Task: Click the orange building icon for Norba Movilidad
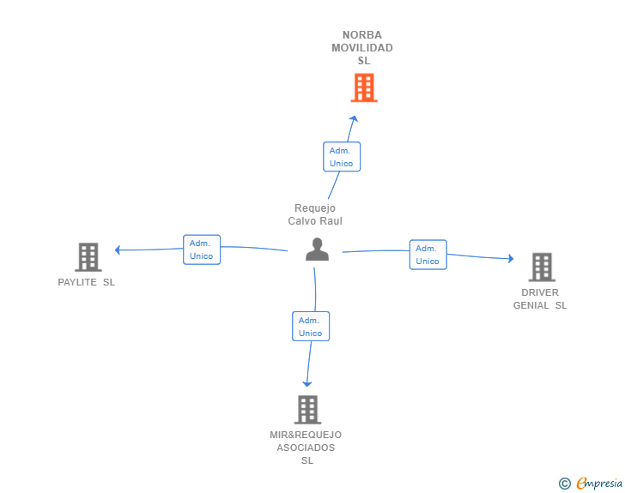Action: tap(364, 87)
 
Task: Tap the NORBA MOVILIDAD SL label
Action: tap(362, 48)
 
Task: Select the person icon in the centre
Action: tap(317, 250)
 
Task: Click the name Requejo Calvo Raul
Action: tap(315, 214)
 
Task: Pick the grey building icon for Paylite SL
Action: tap(88, 256)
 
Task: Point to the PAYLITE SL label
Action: tap(86, 282)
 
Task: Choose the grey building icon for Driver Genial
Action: tap(541, 267)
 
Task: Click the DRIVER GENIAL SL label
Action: tap(540, 298)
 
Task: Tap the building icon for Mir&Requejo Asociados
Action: tap(307, 409)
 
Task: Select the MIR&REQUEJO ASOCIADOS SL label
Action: tap(306, 448)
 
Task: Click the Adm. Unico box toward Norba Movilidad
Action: tap(341, 157)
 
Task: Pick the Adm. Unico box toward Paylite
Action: tap(202, 250)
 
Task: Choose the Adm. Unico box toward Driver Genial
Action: tap(428, 255)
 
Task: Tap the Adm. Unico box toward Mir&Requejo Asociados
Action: tap(310, 327)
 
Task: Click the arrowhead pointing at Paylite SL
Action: tap(118, 250)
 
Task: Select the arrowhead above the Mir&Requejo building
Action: tap(306, 383)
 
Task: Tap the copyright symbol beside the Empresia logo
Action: tap(564, 484)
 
